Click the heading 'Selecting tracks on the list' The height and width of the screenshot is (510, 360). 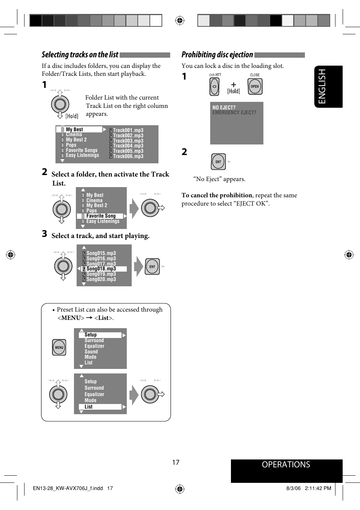80,55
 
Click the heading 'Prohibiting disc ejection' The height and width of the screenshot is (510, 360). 217,55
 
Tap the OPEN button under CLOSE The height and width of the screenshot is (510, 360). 255,86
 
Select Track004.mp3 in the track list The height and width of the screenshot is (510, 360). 128,146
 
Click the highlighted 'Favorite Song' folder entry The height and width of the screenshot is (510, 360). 101,216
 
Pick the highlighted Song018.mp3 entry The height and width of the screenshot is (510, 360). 101,269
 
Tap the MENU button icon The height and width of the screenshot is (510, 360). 59,347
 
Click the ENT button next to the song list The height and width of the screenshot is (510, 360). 152,267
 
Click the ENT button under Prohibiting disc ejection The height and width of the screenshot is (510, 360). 218,162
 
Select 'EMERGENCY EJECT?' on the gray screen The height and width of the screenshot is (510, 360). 234,112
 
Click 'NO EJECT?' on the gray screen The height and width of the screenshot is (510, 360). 224,108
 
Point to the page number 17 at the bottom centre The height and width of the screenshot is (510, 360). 176,462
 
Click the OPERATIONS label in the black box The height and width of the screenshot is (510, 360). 286,465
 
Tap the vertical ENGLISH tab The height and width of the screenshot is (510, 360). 322,86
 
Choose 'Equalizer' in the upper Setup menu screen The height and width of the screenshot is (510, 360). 94,346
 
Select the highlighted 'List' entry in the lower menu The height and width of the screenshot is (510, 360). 89,407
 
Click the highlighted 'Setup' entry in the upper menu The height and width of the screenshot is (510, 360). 91,335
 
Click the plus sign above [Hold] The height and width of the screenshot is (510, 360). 234,85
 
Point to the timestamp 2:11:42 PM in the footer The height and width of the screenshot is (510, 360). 318,488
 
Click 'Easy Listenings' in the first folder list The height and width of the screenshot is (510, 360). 82,155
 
